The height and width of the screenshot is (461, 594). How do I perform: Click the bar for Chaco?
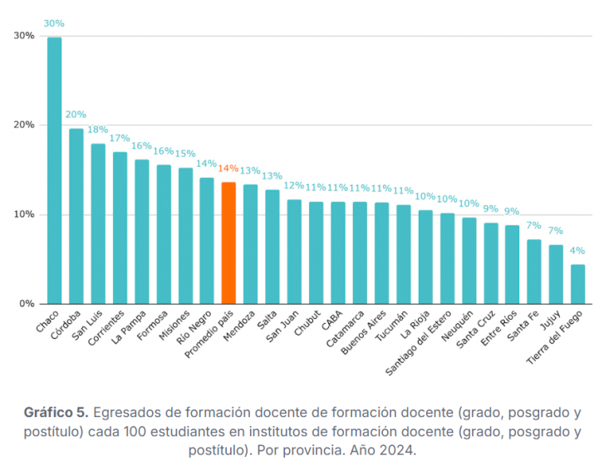[54, 170]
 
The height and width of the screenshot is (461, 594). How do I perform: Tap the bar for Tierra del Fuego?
[577, 284]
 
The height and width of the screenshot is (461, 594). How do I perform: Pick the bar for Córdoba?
[76, 216]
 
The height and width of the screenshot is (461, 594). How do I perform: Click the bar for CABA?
[338, 253]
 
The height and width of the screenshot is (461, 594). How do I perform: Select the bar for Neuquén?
[469, 261]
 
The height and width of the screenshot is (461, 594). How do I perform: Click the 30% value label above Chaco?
[54, 24]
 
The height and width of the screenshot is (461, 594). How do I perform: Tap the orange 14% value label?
[228, 169]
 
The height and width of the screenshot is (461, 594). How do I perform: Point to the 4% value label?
[577, 251]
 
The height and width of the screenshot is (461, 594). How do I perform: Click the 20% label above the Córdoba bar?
[76, 115]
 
